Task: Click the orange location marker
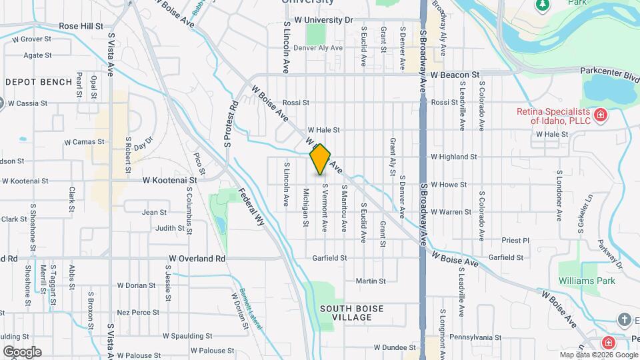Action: (x=320, y=159)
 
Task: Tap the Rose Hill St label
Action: (x=81, y=26)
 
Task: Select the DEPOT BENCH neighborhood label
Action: (x=39, y=82)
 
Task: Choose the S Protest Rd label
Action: (x=231, y=123)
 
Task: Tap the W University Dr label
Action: (x=326, y=20)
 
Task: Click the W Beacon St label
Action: (x=455, y=75)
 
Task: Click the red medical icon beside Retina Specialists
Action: (x=601, y=115)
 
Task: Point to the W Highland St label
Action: (x=454, y=157)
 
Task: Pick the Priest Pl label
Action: (x=515, y=241)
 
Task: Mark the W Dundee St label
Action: (x=395, y=347)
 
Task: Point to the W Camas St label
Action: (x=85, y=141)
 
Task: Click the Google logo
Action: (x=22, y=351)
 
